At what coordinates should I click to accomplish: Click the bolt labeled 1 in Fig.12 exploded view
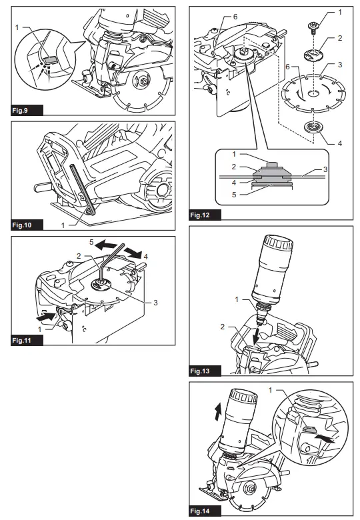[x=313, y=27]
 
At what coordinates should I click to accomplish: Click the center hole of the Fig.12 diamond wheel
[x=313, y=93]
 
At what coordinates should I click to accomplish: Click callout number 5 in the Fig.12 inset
[x=234, y=195]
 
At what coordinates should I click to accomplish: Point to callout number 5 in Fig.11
[x=91, y=242]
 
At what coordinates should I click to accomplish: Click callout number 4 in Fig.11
[x=145, y=257]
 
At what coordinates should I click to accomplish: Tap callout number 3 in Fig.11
[x=155, y=303]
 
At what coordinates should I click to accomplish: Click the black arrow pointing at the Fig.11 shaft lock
[x=47, y=316]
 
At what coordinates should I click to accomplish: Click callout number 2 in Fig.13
[x=223, y=327]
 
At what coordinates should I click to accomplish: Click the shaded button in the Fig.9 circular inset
[x=49, y=61]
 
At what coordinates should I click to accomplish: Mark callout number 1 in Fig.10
[x=63, y=225]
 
